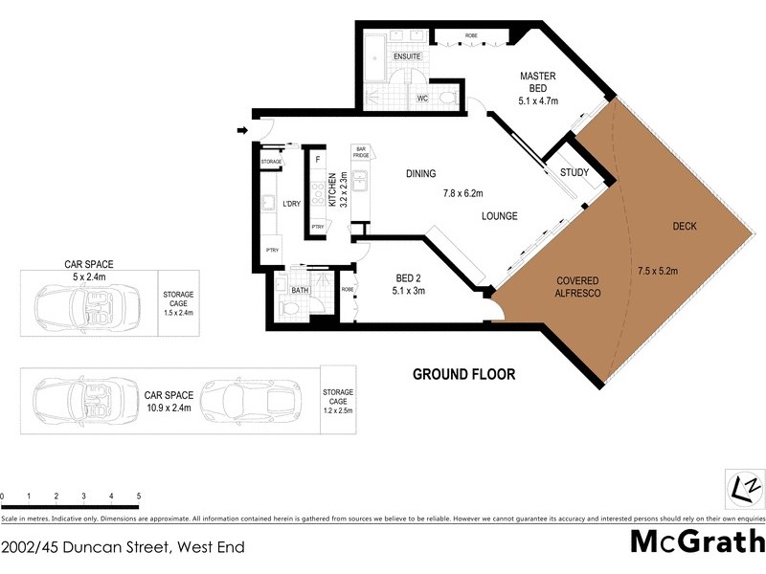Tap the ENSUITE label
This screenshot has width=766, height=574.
(407, 56)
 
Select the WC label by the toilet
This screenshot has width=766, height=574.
(422, 98)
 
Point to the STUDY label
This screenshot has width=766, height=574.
(574, 173)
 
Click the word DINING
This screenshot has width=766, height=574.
(420, 174)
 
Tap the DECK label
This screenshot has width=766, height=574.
(685, 227)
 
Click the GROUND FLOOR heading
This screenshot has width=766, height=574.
(463, 374)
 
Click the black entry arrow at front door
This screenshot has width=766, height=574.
(241, 131)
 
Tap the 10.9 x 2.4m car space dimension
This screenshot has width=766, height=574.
(169, 408)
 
